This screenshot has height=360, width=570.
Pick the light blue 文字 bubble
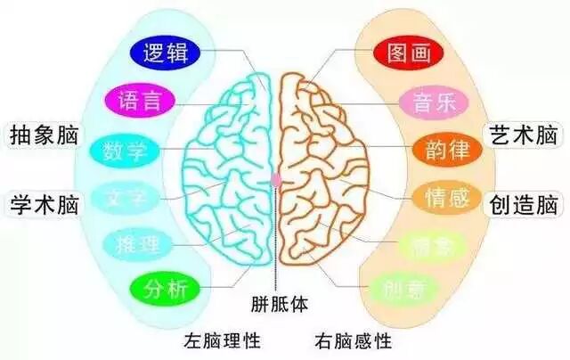(x=125, y=195)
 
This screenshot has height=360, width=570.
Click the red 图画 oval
(x=407, y=53)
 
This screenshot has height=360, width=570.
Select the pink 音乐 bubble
(x=433, y=100)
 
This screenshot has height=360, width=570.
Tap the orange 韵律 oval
(x=444, y=149)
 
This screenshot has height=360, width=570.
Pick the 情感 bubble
(x=444, y=196)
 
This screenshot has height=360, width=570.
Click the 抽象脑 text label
(x=42, y=135)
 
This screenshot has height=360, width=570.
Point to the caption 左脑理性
(x=222, y=340)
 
